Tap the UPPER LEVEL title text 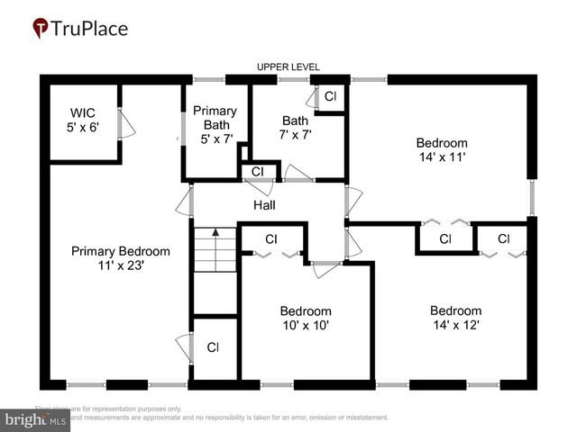[288, 67]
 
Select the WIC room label [83, 113]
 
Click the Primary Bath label [215, 117]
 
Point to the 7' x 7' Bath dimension [295, 134]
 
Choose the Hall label [264, 205]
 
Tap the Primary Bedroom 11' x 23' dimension [120, 265]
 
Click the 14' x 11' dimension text [441, 157]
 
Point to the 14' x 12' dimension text [455, 325]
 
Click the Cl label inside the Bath [330, 96]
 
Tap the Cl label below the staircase [213, 347]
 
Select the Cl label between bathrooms [257, 171]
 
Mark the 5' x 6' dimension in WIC [83, 127]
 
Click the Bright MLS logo [36, 419]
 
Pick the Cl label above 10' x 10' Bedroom [270, 239]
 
